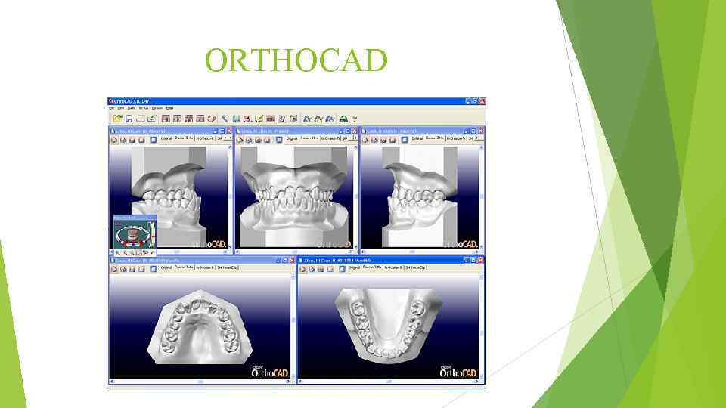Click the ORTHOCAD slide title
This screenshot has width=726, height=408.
tap(296, 61)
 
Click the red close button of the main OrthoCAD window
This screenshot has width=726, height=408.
tap(481, 101)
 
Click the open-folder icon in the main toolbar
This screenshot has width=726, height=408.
tap(117, 119)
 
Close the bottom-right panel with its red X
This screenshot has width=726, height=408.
tap(480, 260)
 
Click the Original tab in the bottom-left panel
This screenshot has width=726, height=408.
tap(165, 267)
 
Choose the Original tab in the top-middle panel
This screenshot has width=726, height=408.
tap(291, 139)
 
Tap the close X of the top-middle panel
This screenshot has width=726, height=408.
tap(355, 131)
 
